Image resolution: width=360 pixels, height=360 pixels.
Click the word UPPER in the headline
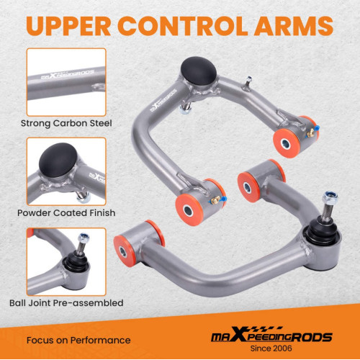pyautogui.click(x=68, y=26)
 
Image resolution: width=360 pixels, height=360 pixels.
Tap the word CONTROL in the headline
pyautogui.click(x=182, y=26)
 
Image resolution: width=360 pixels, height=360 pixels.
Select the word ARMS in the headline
pyautogui.click(x=294, y=26)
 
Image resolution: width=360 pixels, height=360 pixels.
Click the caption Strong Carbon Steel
pyautogui.click(x=66, y=123)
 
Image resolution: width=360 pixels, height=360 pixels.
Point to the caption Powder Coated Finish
pyautogui.click(x=66, y=213)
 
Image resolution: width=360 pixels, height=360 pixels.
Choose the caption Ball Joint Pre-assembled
pyautogui.click(x=66, y=303)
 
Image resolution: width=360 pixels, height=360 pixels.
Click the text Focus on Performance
pyautogui.click(x=78, y=341)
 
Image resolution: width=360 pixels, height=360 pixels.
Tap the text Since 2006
pyautogui.click(x=271, y=348)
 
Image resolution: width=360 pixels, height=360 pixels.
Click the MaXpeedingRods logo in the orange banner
pyautogui.click(x=271, y=334)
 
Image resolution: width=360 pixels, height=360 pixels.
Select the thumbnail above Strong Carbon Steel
pyautogui.click(x=66, y=82)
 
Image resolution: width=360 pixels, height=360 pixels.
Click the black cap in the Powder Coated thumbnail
pyautogui.click(x=58, y=160)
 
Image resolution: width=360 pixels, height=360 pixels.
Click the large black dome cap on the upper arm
pyautogui.click(x=199, y=71)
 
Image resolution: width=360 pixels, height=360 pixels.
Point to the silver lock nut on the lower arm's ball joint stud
pyautogui.click(x=330, y=198)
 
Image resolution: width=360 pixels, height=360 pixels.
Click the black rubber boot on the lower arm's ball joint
pyautogui.click(x=321, y=232)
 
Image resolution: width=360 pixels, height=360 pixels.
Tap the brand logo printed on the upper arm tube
pyautogui.click(x=163, y=100)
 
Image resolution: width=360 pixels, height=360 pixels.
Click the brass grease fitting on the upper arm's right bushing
pyautogui.click(x=311, y=132)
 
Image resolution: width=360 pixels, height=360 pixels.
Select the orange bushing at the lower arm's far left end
pyautogui.click(x=124, y=251)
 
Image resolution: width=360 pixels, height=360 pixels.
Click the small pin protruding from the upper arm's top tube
pyautogui.click(x=248, y=83)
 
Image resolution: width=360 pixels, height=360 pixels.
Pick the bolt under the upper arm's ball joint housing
pyautogui.click(x=186, y=108)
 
